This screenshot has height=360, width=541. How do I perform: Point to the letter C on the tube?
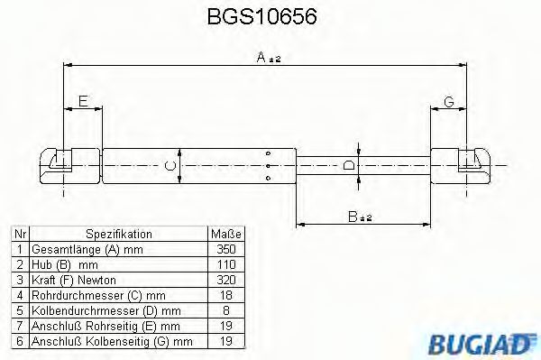pyautogui.click(x=168, y=165)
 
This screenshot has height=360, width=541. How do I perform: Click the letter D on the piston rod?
pyautogui.click(x=349, y=165)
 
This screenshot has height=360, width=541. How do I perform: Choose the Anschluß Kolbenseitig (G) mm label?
pyautogui.click(x=112, y=341)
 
